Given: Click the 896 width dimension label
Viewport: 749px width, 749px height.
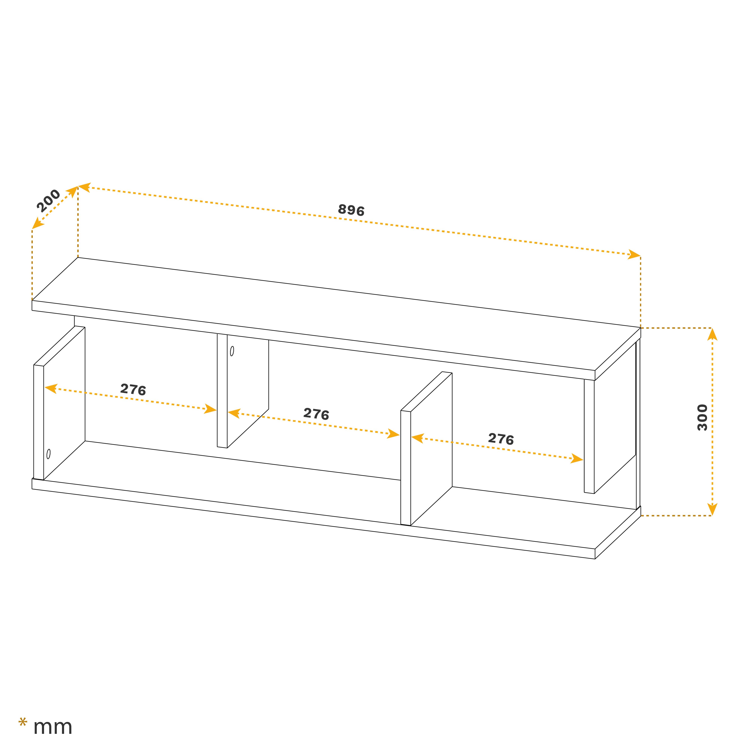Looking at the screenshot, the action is pyautogui.click(x=351, y=210).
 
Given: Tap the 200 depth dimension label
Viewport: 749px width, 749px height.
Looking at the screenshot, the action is pyautogui.click(x=48, y=200).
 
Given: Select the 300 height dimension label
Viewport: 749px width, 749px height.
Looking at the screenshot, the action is pyautogui.click(x=702, y=418).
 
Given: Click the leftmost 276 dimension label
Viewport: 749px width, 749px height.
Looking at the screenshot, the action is pyautogui.click(x=133, y=389).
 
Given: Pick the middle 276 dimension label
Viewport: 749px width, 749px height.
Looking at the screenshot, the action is pyautogui.click(x=316, y=414).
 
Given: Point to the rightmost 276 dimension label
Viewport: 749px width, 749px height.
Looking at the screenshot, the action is pyautogui.click(x=501, y=439).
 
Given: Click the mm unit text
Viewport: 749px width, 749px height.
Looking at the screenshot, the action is pyautogui.click(x=53, y=727).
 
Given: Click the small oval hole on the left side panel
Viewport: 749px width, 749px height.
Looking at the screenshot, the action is pyautogui.click(x=48, y=454).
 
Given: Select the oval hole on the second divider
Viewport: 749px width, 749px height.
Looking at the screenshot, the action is pyautogui.click(x=232, y=351).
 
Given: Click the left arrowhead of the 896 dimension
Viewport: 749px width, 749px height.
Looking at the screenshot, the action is pyautogui.click(x=84, y=187).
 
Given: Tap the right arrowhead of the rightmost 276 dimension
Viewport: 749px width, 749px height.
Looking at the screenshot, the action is pyautogui.click(x=577, y=459).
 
